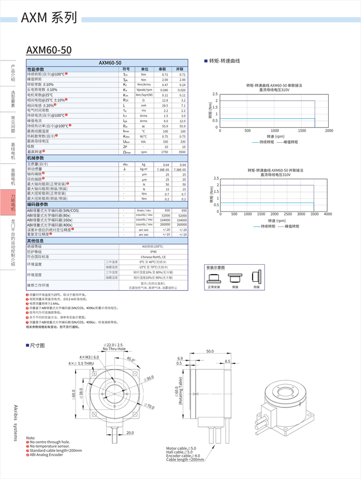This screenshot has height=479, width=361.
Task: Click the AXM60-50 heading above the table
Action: click(x=49, y=50)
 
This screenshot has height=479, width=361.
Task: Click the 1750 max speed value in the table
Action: click(x=165, y=152)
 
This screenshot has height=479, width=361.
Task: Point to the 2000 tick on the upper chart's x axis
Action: click(x=329, y=130)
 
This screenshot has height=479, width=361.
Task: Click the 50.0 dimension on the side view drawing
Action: click(x=210, y=351)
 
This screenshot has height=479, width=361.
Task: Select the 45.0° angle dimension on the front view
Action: click(x=131, y=360)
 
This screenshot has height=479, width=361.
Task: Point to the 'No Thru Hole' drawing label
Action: click(x=114, y=349)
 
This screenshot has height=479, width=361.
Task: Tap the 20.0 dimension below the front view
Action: click(x=129, y=433)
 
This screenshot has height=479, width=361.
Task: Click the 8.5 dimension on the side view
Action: click(x=227, y=361)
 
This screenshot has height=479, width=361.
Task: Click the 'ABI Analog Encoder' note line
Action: click(x=46, y=455)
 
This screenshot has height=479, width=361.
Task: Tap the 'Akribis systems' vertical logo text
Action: click(x=16, y=423)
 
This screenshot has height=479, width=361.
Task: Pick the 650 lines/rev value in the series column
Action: click(x=165, y=210)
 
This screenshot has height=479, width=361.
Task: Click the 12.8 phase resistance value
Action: click(x=165, y=100)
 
